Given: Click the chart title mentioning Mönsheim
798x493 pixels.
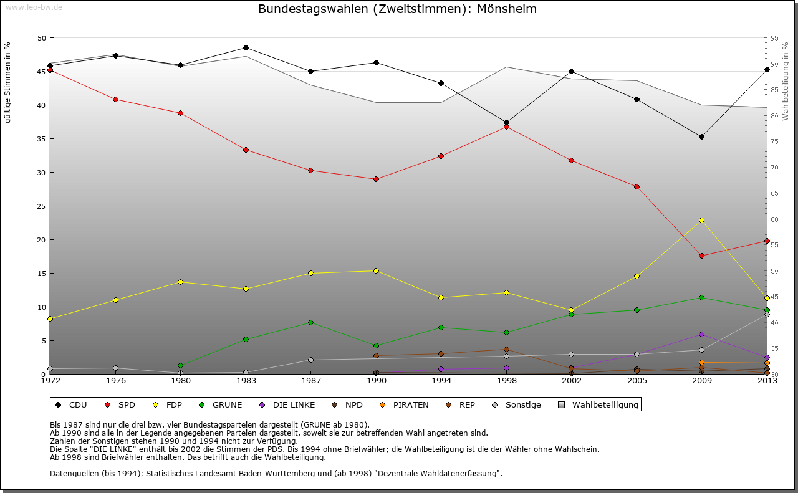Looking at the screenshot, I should pyautogui.click(x=397, y=9).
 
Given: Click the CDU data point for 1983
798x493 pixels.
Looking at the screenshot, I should pyautogui.click(x=246, y=48).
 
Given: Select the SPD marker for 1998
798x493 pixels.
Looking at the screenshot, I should pyautogui.click(x=506, y=127).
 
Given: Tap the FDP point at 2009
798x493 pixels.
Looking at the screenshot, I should pyautogui.click(x=701, y=220).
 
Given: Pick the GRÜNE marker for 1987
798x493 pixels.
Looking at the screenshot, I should pyautogui.click(x=310, y=322).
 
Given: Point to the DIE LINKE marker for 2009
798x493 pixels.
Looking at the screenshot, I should pyautogui.click(x=701, y=335).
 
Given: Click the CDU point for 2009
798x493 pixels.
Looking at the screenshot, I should pyautogui.click(x=701, y=136).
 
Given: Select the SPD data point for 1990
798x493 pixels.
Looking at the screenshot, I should pyautogui.click(x=376, y=179).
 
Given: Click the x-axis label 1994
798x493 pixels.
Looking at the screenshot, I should pyautogui.click(x=441, y=380).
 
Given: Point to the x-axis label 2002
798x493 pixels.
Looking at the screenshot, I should pyautogui.click(x=571, y=380).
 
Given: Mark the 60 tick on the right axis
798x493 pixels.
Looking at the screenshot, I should pyautogui.click(x=774, y=219).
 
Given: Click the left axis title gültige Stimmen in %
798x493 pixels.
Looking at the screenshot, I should pyautogui.click(x=8, y=83).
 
